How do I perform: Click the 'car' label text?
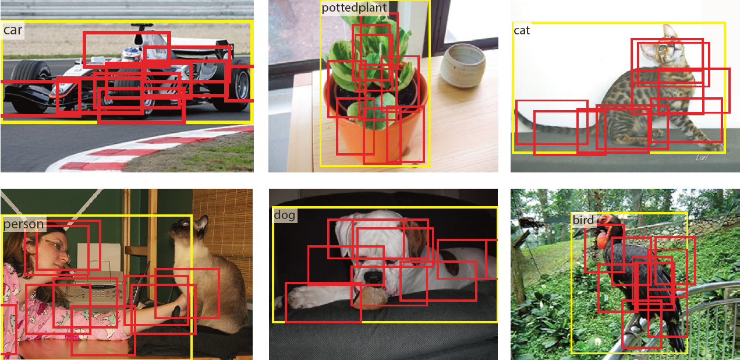point(13,30)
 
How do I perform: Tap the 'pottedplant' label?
point(354,8)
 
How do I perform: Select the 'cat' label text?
point(522,30)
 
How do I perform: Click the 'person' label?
point(23,224)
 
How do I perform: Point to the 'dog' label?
point(285,215)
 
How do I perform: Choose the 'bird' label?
point(583,220)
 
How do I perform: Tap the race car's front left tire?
point(30,87)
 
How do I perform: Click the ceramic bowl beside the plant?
point(463,66)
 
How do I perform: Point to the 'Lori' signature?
point(702,158)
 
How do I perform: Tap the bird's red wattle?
point(603,239)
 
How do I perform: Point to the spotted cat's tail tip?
point(519,114)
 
